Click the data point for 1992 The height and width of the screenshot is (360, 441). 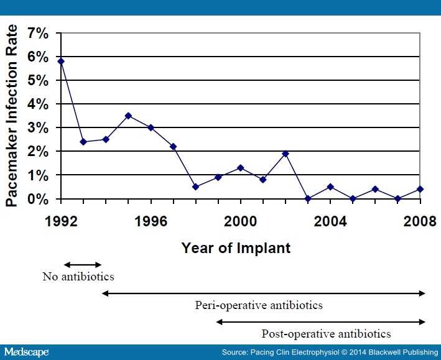tap(60, 61)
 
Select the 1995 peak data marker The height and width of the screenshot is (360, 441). tap(128, 116)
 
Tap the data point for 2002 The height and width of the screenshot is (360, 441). tap(285, 154)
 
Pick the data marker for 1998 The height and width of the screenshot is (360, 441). tap(195, 187)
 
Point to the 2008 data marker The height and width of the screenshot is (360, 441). tap(421, 189)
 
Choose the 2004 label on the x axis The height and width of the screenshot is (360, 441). tap(331, 221)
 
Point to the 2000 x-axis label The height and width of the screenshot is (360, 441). tap(241, 221)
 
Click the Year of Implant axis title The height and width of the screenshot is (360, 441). tap(236, 247)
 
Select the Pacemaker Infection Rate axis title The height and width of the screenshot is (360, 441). tap(12, 116)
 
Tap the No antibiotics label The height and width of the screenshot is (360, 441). tap(78, 277)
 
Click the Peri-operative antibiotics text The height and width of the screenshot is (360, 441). tap(259, 305)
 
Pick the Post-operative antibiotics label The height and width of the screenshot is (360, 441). tap(326, 333)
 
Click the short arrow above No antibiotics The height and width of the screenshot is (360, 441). tap(83, 265)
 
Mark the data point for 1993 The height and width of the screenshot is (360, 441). tap(83, 142)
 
